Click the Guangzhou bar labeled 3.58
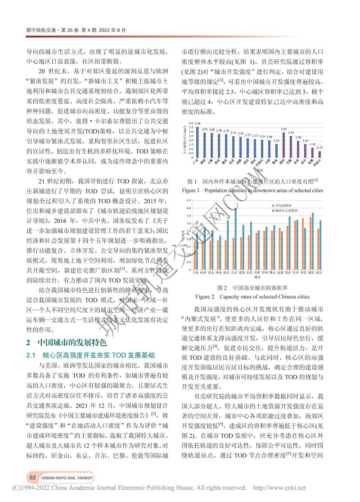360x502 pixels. (197, 143)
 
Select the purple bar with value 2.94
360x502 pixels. (283, 146)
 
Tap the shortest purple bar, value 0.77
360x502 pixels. (319, 155)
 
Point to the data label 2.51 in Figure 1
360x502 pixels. (233, 133)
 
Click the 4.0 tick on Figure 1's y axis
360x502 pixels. (191, 123)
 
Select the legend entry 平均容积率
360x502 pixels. (284, 205)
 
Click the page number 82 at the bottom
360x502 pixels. (32, 477)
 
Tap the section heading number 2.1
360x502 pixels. (32, 342)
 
